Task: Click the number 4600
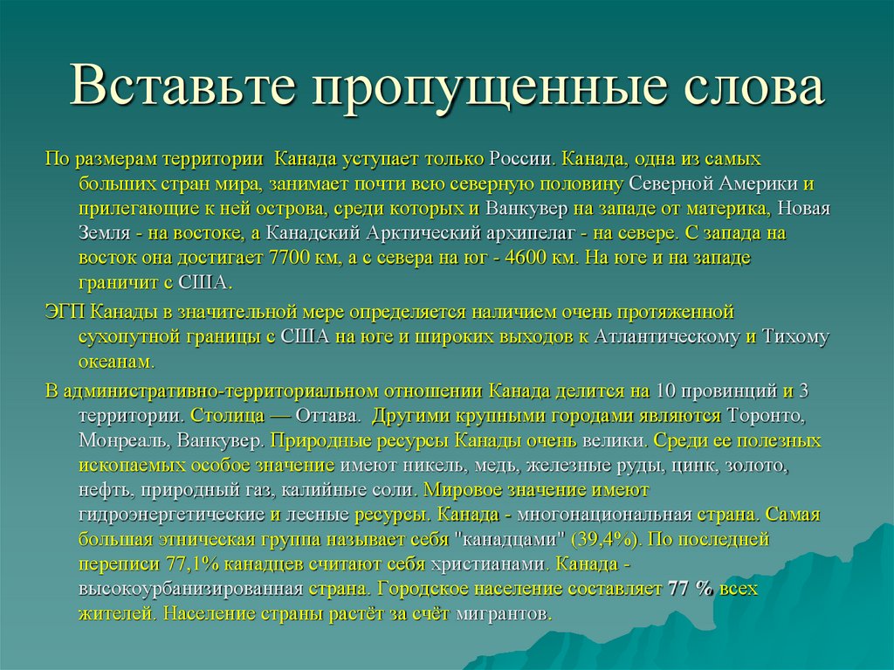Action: [521, 259]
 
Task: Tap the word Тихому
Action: [796, 336]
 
